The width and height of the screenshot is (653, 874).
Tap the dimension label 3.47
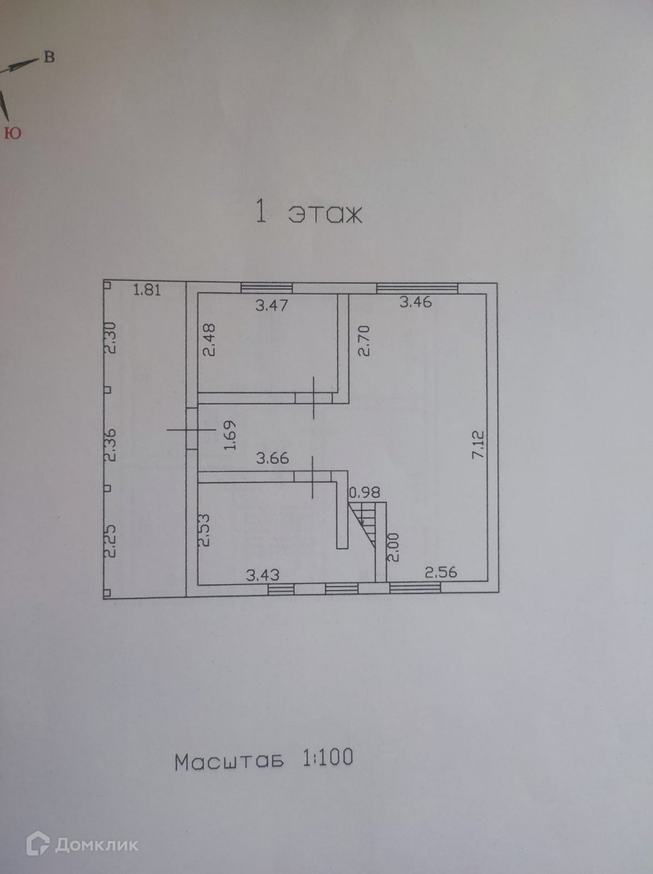tap(272, 305)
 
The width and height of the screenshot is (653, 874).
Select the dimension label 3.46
tap(416, 301)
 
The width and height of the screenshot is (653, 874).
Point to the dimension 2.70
tap(364, 341)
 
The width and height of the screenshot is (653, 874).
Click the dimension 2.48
tap(209, 339)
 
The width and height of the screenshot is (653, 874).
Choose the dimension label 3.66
tap(272, 459)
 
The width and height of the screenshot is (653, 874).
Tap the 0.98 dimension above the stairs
tap(364, 492)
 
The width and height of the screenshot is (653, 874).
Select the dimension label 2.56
tap(441, 572)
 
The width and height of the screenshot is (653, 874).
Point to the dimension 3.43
tap(263, 576)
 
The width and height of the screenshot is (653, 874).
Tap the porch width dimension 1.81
tap(146, 290)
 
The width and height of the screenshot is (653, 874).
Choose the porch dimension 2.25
tap(110, 541)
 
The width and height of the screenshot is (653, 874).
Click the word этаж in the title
tap(325, 214)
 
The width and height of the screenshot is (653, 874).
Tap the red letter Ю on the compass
tap(12, 133)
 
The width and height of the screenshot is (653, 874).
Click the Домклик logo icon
tap(35, 844)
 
